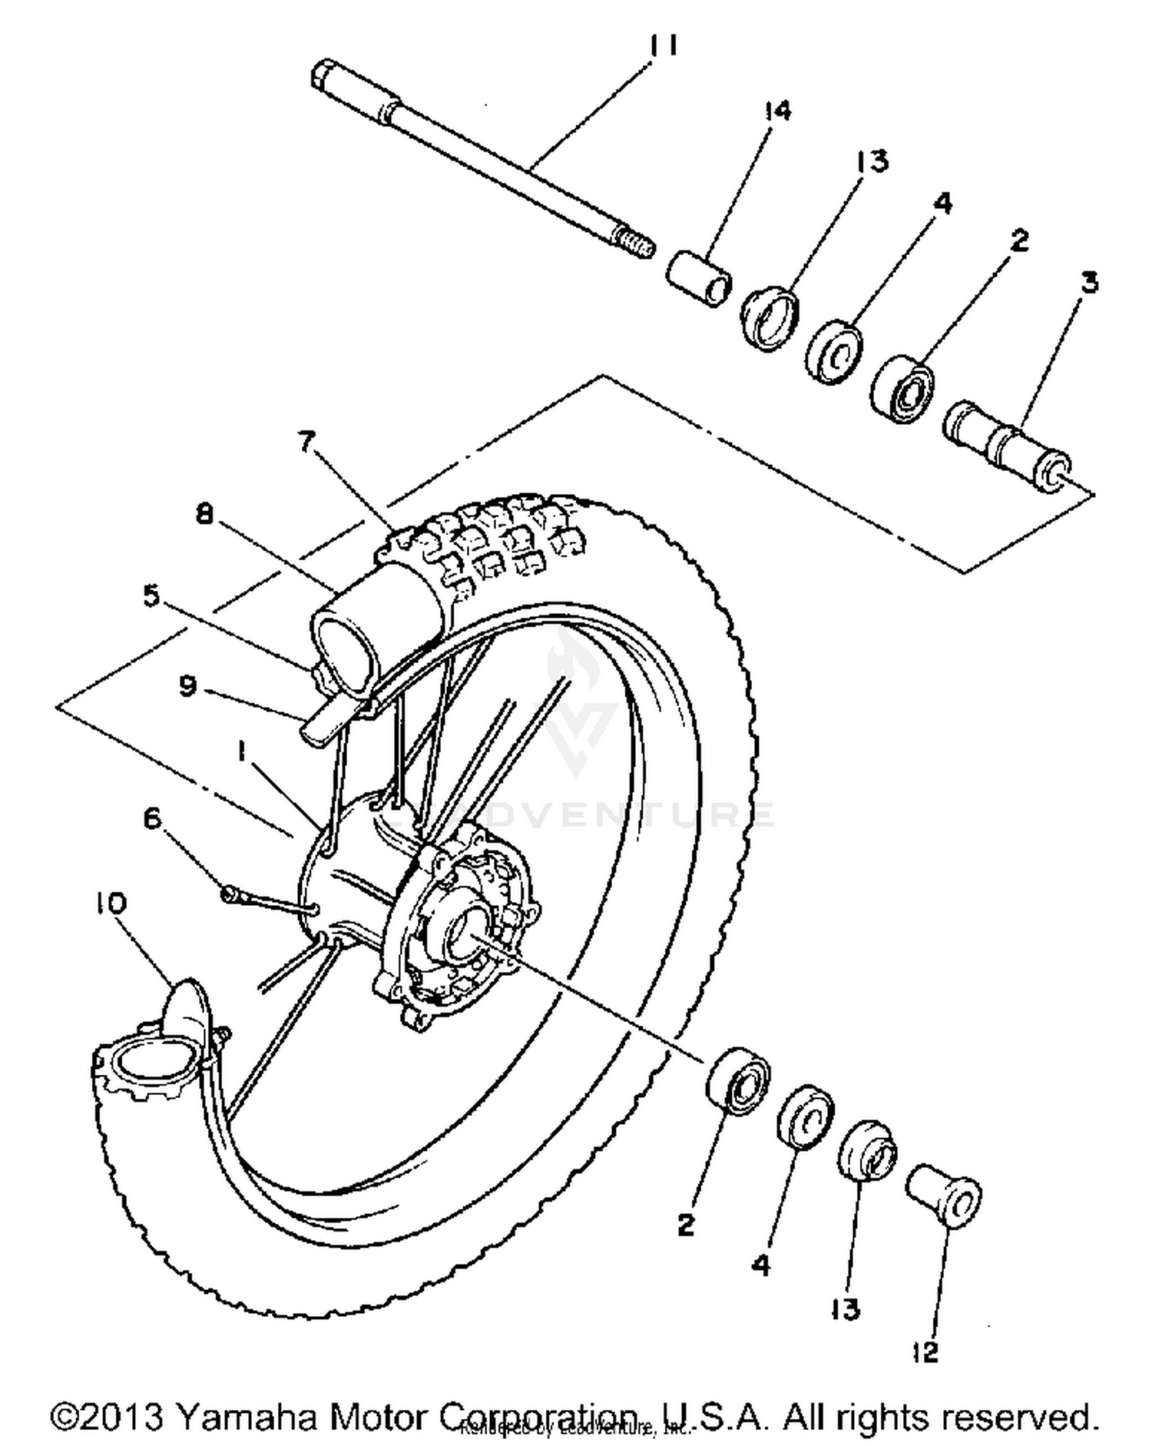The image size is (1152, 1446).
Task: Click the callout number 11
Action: [662, 48]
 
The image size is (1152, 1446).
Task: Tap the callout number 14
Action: [777, 111]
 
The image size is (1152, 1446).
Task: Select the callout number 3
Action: [1089, 282]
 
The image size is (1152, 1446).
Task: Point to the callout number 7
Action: [306, 441]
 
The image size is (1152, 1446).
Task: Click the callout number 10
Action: [111, 903]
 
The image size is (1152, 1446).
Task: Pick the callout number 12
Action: [927, 1353]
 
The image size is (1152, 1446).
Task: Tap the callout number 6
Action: [152, 818]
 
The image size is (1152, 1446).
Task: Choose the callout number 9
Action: [188, 685]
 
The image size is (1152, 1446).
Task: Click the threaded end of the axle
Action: [634, 244]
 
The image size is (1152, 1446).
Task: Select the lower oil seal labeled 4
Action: [804, 1117]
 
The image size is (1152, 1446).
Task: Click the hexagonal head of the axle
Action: [323, 75]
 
